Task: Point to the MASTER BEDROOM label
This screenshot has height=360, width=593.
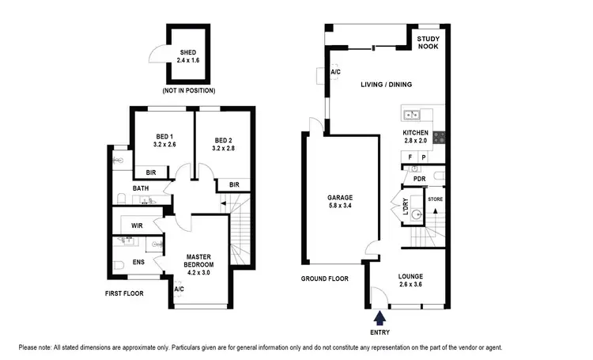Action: tap(202, 262)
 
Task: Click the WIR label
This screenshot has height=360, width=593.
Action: tap(137, 226)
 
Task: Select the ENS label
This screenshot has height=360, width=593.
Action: tap(138, 262)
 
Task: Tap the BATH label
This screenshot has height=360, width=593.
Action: tap(140, 188)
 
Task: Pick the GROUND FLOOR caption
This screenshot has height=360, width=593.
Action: tap(324, 279)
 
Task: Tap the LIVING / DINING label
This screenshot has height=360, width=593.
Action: tap(387, 85)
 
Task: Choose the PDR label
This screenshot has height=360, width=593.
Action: tap(419, 179)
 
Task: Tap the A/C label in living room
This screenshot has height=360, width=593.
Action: tap(335, 73)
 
